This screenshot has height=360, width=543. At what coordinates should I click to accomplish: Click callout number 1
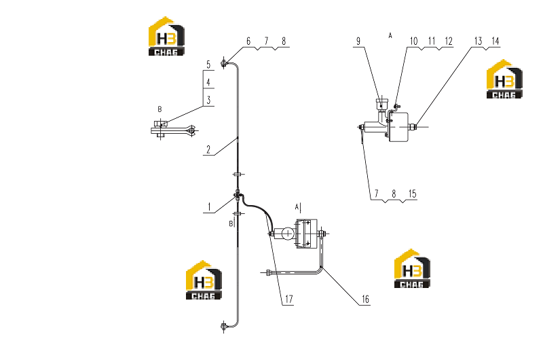pos(209,207)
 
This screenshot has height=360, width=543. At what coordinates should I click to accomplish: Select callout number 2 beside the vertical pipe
pos(208,149)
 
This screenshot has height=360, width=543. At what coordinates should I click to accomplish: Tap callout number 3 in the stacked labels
pos(208,101)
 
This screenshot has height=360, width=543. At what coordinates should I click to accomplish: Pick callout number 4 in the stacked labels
pos(208,82)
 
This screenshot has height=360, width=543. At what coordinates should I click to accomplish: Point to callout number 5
pos(208,65)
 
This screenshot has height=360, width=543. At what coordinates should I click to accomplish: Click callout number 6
pos(248,41)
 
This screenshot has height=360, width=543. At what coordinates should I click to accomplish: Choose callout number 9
pos(358,41)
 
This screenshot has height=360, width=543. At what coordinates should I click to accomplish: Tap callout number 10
pos(414,41)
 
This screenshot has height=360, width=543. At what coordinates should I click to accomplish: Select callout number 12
pos(449,41)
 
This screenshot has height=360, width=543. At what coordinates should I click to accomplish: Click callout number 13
pos(479,41)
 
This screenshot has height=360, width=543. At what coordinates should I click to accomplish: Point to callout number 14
pos(495,41)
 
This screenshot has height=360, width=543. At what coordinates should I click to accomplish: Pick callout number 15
pos(412,194)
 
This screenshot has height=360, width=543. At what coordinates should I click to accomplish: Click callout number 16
pos(365,299)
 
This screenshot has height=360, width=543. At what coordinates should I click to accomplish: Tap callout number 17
pos(289,299)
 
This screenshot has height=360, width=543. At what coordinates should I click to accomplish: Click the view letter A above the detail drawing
pos(390,35)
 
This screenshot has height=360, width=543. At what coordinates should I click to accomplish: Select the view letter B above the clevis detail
pos(160,109)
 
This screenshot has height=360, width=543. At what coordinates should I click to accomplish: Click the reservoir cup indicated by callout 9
pos(381,104)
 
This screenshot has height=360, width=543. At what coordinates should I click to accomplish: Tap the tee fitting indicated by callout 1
pos(237,198)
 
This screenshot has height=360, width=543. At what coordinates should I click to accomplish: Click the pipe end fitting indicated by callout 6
pos(224,63)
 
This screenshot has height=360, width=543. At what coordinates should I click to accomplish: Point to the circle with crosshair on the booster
pos(287,234)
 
